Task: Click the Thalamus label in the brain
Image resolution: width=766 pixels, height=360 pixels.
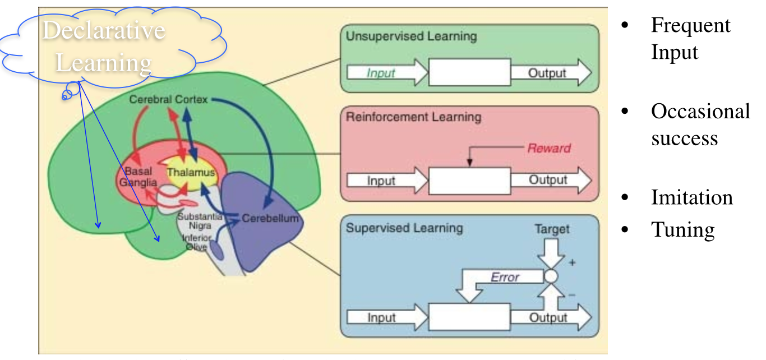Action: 191,173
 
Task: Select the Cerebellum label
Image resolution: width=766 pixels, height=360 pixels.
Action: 270,219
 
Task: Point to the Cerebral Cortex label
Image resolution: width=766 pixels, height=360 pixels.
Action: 168,99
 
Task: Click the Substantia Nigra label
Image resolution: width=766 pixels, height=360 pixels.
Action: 200,220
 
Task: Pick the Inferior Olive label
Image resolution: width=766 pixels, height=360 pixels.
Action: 197,242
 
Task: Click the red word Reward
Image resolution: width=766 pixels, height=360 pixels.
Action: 549,149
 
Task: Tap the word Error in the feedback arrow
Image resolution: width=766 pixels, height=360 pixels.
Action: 505,277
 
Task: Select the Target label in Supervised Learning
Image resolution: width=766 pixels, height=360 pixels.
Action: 552,229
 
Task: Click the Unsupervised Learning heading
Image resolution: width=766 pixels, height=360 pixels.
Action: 411,37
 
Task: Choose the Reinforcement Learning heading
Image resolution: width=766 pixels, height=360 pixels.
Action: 414,117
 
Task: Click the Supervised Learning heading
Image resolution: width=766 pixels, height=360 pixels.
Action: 404,228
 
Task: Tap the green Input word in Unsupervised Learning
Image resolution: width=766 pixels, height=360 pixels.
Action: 381,73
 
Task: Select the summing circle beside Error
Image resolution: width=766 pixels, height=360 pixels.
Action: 551,276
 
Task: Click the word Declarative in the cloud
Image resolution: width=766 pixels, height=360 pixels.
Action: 104,30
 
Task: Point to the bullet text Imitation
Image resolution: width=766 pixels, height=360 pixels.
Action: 691,197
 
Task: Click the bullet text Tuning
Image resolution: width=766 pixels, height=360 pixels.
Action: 682,230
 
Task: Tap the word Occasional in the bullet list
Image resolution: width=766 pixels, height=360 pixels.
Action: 700,112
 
